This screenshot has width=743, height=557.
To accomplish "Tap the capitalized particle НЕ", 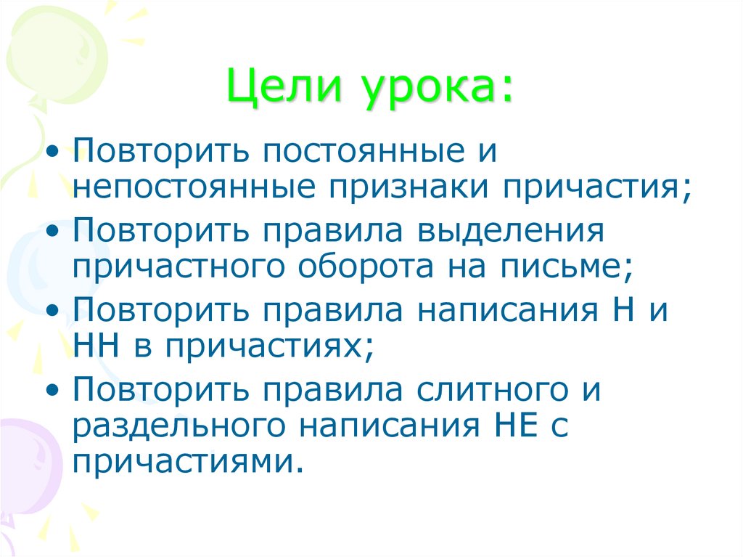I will point(509,426).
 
